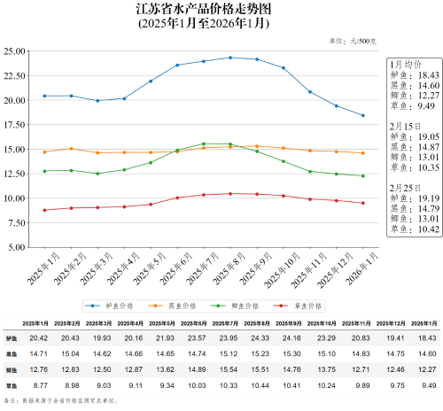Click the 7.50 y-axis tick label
point(18,223)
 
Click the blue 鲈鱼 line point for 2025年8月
point(230,58)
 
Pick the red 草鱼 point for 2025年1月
point(44,210)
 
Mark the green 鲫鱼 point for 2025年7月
point(204,143)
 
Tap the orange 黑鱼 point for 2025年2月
point(71,149)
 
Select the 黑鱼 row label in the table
point(10,354)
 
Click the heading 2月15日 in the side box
point(407,127)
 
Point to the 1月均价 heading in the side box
point(408,65)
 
